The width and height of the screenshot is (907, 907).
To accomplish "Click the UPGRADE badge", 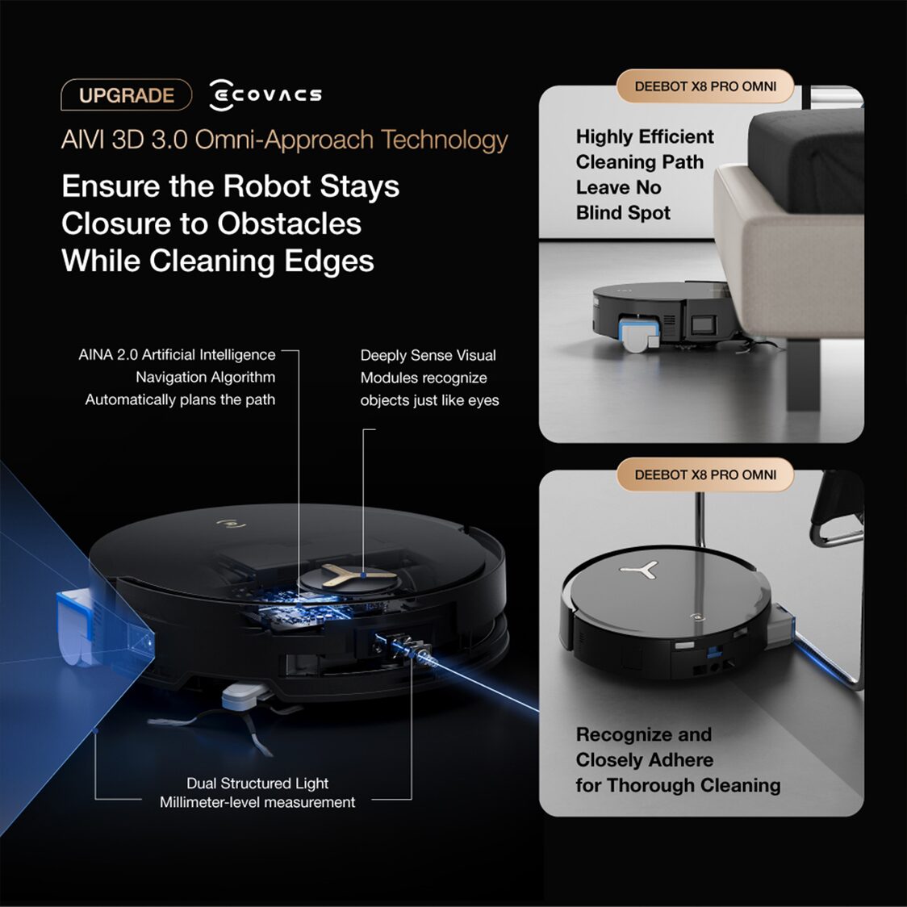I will (x=126, y=95).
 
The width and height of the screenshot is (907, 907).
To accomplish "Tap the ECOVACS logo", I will (x=265, y=95).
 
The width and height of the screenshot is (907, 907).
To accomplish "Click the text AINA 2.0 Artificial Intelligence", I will (x=177, y=355).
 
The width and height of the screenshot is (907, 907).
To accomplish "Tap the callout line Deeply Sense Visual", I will (x=428, y=355).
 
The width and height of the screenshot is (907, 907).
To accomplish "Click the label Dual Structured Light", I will (x=257, y=783).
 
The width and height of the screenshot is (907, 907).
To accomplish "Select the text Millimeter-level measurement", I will (x=257, y=802).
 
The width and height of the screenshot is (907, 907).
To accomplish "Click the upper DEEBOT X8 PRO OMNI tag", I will (x=705, y=86).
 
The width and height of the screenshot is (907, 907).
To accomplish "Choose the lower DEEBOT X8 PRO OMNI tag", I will (x=705, y=474).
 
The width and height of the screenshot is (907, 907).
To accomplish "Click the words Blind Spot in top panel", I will (x=623, y=213).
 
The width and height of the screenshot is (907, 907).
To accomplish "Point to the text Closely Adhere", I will (x=644, y=760).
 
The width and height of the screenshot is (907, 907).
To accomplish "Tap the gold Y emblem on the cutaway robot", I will (x=348, y=575).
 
